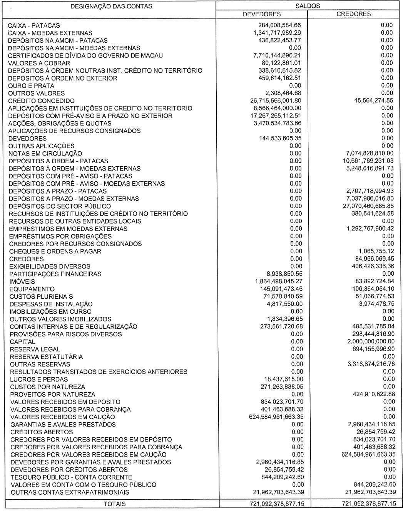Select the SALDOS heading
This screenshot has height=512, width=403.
click(x=308, y=6)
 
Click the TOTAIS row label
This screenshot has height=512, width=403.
click(x=115, y=504)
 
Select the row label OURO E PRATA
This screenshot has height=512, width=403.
click(x=31, y=86)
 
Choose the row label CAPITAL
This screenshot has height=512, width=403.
click(x=22, y=342)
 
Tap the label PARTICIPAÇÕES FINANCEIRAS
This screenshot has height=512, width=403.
click(x=55, y=274)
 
